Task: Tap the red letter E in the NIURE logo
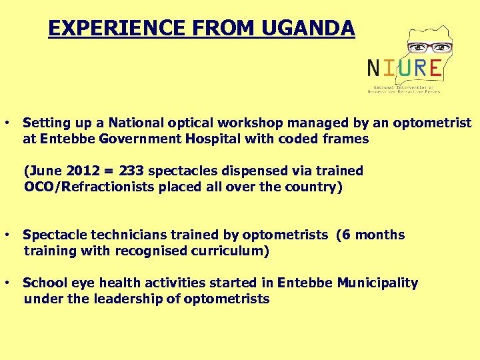click(434, 67)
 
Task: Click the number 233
click(132, 171)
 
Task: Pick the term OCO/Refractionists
click(89, 187)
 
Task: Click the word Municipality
click(377, 283)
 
